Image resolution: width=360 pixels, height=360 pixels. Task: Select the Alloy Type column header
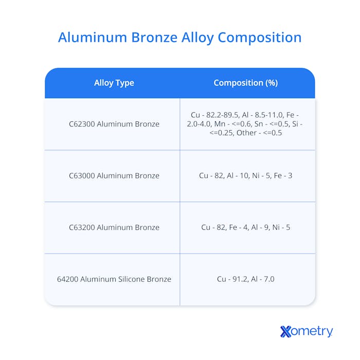point(114,83)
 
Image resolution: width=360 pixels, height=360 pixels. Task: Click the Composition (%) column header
point(245,83)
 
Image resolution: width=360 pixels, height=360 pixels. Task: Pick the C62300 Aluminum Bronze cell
point(114,124)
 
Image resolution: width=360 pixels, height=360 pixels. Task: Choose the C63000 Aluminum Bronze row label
point(114,176)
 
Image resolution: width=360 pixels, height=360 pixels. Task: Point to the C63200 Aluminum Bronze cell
point(114,227)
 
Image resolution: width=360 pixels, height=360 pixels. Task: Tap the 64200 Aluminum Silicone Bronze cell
point(114,279)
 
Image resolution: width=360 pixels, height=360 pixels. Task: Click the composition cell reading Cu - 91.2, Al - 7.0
point(245,279)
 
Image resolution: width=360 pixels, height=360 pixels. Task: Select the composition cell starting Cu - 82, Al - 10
point(245,176)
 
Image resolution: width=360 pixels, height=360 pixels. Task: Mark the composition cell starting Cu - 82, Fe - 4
point(245,227)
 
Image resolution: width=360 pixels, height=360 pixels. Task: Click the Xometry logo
point(307,332)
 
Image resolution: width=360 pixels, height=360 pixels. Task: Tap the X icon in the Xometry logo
point(286,332)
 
